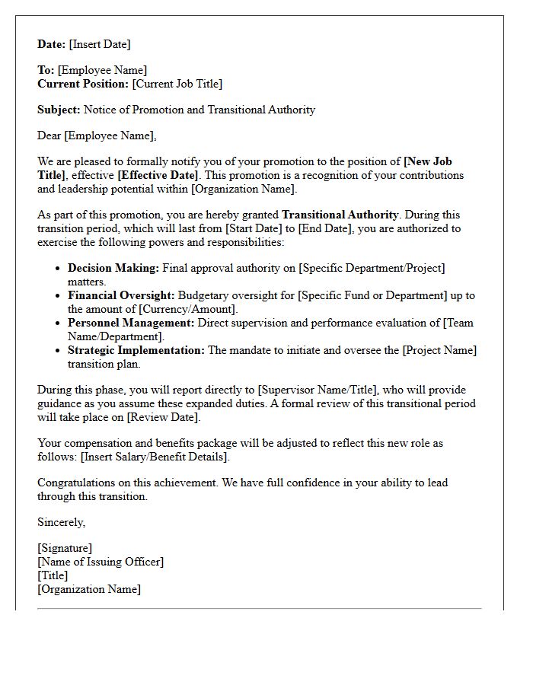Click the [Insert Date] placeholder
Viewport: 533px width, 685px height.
click(100, 44)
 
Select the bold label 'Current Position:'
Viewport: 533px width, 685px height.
click(83, 84)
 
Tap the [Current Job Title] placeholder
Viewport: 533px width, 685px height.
click(177, 84)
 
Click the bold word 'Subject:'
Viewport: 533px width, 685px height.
click(59, 110)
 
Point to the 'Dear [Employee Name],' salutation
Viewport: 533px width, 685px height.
click(97, 135)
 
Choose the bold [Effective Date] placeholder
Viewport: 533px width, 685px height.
click(160, 175)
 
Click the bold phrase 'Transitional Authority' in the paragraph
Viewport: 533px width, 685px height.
click(340, 215)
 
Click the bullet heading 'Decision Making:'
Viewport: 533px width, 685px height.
click(113, 268)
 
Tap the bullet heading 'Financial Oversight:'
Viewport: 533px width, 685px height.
click(121, 295)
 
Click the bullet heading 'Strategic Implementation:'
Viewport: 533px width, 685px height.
click(136, 350)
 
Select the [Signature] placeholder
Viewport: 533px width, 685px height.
click(65, 548)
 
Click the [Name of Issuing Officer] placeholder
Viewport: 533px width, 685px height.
click(101, 562)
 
